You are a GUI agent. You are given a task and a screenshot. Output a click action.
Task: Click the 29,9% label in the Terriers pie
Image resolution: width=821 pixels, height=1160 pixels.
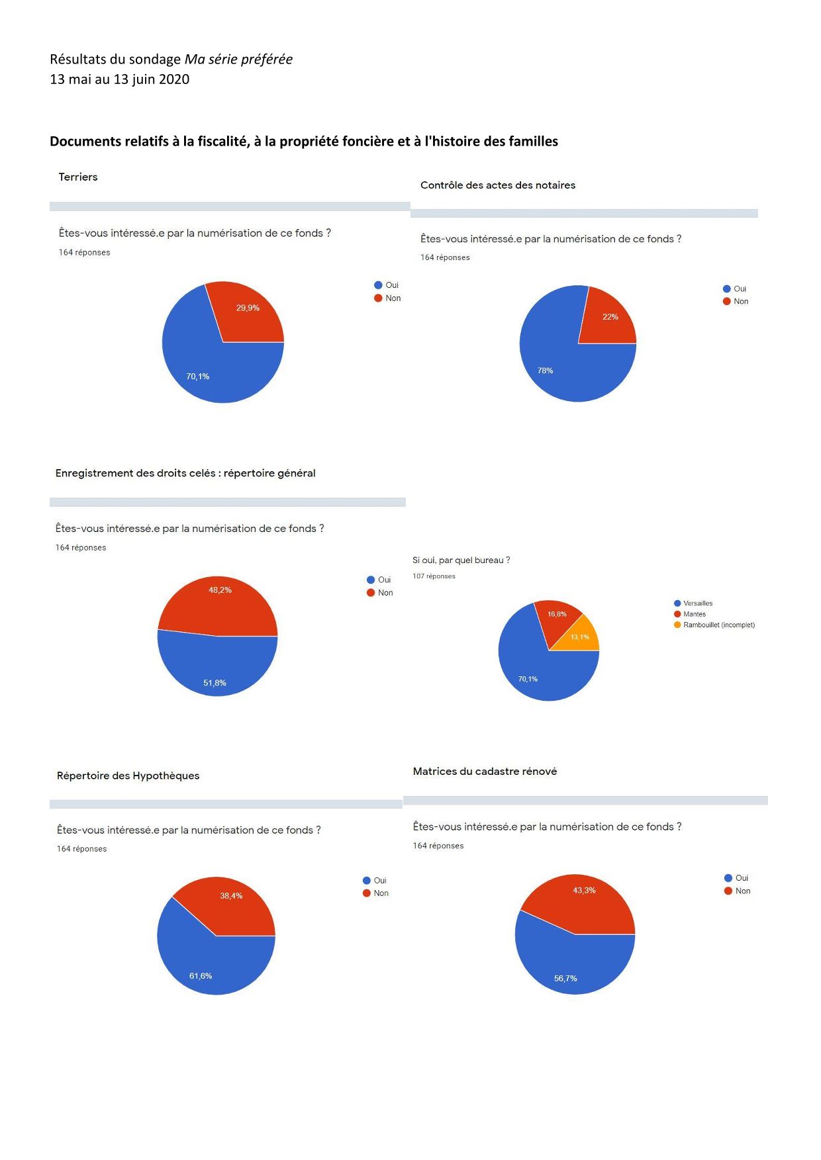point(248,308)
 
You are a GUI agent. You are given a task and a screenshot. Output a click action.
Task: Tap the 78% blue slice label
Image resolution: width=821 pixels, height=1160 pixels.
point(545,371)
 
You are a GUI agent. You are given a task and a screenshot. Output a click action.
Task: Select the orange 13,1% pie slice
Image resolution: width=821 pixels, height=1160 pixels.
point(579,637)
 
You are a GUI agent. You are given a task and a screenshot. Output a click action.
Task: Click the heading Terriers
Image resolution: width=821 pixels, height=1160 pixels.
point(78,177)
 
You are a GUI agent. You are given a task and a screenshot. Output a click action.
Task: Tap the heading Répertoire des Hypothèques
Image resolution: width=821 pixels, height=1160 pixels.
point(128,776)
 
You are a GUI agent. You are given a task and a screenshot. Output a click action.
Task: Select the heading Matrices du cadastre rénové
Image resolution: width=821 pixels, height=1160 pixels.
point(485,772)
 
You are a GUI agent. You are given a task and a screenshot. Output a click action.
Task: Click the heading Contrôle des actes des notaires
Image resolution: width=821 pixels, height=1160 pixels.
point(498,185)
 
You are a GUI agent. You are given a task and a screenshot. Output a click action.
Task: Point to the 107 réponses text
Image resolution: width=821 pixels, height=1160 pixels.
point(434,576)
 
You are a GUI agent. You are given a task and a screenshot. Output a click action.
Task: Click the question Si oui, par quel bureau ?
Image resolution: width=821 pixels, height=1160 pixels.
point(461,560)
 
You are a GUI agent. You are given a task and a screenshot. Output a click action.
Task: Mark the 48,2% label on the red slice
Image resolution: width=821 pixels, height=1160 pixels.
point(220,590)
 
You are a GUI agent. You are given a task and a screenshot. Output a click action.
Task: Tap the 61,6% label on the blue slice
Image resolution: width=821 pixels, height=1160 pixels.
point(201,976)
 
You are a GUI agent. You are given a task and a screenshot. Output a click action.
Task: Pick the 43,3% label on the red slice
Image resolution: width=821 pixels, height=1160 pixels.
point(584,891)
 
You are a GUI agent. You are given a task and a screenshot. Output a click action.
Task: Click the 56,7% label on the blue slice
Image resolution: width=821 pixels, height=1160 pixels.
point(565,979)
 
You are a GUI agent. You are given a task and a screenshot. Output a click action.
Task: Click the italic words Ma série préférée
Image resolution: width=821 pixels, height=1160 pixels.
point(238,60)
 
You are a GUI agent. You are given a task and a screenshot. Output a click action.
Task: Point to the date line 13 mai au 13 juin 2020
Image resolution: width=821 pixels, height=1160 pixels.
point(120,79)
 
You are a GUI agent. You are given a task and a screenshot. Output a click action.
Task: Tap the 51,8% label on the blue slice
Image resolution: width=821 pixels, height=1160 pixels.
point(215,683)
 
